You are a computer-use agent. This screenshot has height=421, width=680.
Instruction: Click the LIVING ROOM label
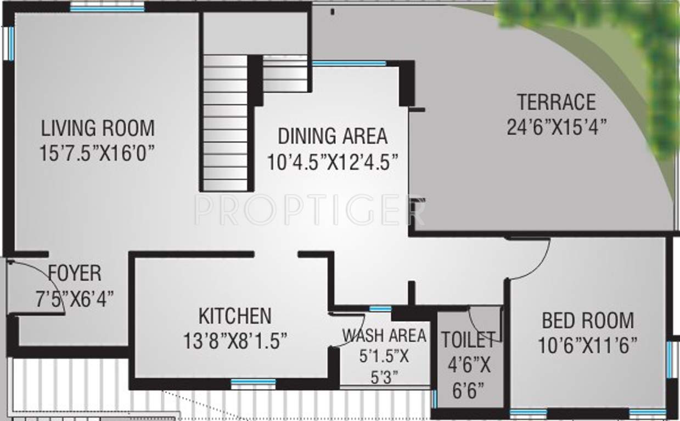click(98, 128)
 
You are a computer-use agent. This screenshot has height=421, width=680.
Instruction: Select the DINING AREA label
click(332, 135)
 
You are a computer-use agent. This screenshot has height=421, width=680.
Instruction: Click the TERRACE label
click(556, 103)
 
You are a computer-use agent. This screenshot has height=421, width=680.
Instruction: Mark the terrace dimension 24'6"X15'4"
click(556, 127)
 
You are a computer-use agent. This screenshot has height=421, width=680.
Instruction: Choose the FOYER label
click(75, 273)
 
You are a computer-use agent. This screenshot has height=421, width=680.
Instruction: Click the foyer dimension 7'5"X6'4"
click(75, 298)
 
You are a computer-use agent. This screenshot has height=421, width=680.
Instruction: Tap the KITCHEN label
click(234, 316)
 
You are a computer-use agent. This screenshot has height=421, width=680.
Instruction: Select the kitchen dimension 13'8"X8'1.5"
click(235, 342)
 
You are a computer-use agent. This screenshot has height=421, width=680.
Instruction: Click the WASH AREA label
click(384, 335)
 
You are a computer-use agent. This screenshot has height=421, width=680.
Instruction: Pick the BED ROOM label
click(588, 320)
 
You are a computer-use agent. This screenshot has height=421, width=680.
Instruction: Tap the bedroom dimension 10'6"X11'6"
click(588, 346)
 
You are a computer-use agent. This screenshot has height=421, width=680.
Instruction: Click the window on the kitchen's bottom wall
click(253, 382)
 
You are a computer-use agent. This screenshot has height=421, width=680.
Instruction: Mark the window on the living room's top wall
click(107, 8)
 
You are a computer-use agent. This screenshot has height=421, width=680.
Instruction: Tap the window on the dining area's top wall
click(349, 64)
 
